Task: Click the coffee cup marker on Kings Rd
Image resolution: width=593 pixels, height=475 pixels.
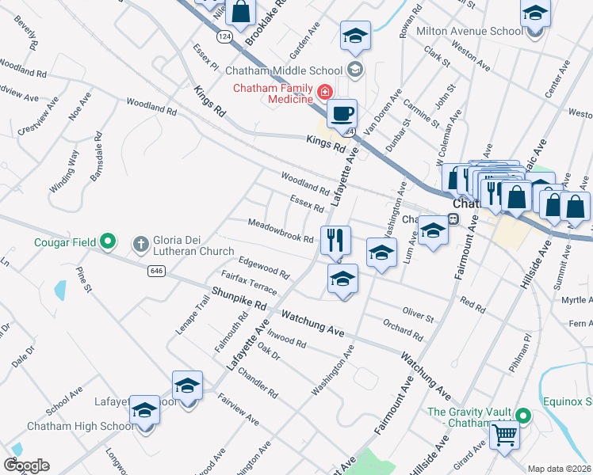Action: click(342, 114)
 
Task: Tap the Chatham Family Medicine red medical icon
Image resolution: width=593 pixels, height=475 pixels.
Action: click(323, 93)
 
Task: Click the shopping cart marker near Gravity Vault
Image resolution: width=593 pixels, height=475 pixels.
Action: click(504, 436)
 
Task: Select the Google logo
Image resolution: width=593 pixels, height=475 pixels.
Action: click(26, 465)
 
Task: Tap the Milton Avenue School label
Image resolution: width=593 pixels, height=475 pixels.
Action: click(479, 31)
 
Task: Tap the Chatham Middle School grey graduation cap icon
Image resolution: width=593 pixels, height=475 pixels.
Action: click(355, 69)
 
